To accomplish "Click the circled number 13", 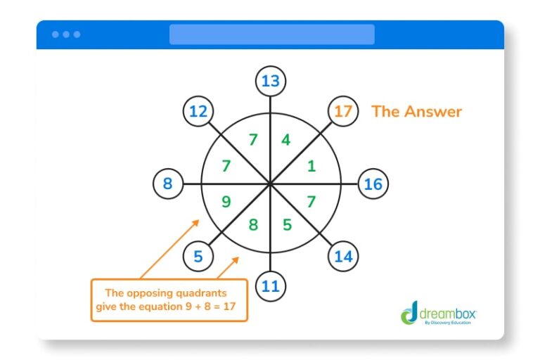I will [270, 82].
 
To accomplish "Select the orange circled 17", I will [343, 112].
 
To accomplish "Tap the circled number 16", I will [373, 184].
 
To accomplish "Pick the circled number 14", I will [343, 257].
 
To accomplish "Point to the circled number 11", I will [270, 286].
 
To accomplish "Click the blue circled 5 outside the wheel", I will [198, 257].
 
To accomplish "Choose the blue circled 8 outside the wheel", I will [167, 184].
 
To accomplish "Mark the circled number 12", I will [198, 112].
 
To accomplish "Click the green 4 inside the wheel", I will [285, 140].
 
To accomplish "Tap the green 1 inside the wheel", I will [312, 167].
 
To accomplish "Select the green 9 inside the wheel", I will [226, 202].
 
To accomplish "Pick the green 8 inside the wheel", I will [253, 226].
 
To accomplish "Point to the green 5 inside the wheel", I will [287, 226].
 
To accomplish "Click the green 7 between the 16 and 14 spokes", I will [312, 202].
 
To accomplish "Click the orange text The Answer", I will [416, 111].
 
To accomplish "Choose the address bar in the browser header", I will [271, 34].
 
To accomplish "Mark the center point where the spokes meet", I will [270, 184].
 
